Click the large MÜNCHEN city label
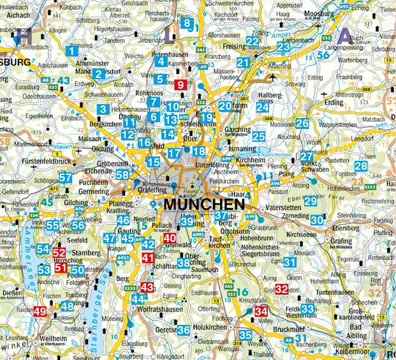point(204,205)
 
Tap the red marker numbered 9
point(180,84)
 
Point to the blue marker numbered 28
point(361,167)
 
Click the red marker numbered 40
point(169,238)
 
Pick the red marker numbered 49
point(40,311)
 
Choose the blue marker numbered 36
point(183,330)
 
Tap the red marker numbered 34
point(261,311)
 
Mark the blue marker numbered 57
point(66,178)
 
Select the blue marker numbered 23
point(284,46)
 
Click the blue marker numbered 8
point(186,24)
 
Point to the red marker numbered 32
point(281,289)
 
